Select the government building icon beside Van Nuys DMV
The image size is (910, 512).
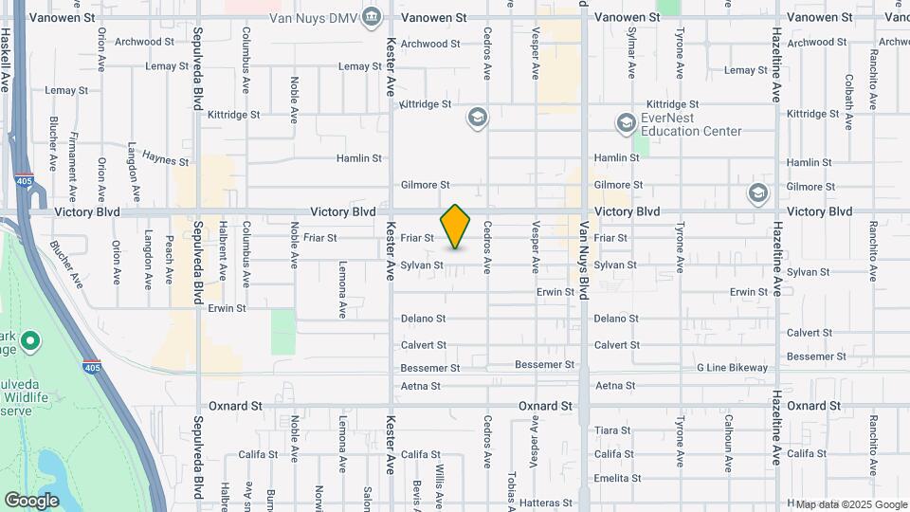point(372,16)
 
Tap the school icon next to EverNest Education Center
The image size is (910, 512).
point(626,123)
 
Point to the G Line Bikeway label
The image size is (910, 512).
point(733,367)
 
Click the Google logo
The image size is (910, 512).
point(31,500)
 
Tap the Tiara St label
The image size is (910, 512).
point(613,430)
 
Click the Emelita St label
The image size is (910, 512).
point(618,478)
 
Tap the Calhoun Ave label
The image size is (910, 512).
point(728,436)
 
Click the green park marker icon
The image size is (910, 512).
point(29,340)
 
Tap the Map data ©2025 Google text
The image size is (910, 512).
point(850,503)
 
